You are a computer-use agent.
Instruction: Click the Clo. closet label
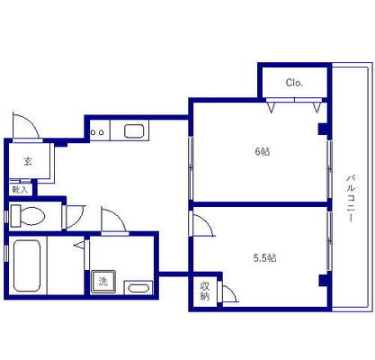(294, 83)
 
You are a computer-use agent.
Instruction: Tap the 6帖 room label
(263, 151)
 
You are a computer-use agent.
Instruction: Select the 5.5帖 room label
(265, 257)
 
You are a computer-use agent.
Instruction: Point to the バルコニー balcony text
(351, 198)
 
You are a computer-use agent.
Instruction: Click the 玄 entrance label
(28, 162)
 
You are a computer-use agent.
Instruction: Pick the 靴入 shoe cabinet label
(20, 190)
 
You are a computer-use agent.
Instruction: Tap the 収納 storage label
(204, 292)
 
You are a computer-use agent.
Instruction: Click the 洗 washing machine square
(103, 282)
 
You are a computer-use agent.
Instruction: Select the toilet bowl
(28, 216)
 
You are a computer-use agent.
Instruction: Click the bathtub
(27, 265)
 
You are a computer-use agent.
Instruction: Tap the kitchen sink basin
(134, 131)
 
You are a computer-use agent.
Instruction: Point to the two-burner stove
(98, 131)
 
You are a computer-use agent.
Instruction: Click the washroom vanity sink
(138, 288)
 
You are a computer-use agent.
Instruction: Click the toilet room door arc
(80, 218)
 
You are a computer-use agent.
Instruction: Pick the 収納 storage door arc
(233, 292)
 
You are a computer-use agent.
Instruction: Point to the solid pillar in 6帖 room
(323, 129)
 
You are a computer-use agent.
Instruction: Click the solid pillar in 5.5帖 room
(324, 280)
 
